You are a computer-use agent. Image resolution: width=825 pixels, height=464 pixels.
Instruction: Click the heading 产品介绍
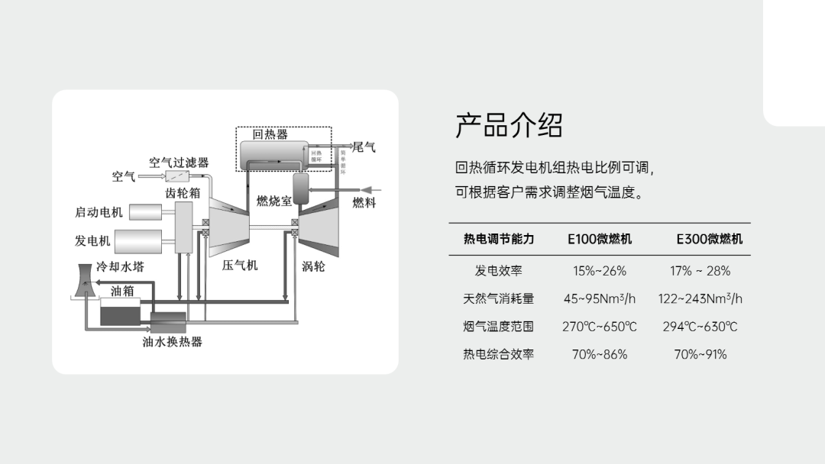click(x=509, y=126)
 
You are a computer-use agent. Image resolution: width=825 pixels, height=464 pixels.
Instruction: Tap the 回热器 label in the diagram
click(x=270, y=134)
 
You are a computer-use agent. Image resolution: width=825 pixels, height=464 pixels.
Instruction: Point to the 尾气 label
click(x=364, y=147)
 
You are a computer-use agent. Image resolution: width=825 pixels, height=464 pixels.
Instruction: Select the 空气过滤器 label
click(x=179, y=163)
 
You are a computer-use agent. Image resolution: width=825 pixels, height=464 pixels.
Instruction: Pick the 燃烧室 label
click(x=273, y=201)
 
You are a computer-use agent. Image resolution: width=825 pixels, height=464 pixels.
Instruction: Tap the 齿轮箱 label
click(x=183, y=193)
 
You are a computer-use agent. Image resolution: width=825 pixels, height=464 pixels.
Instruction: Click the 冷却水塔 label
click(x=120, y=267)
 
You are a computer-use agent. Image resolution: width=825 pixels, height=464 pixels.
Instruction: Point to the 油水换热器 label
click(x=173, y=342)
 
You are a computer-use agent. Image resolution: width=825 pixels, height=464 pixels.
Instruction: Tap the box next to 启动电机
click(x=146, y=211)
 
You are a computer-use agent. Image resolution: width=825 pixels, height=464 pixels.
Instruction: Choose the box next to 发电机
click(x=138, y=240)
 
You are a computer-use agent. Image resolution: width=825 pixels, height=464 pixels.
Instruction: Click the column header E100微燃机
click(x=600, y=239)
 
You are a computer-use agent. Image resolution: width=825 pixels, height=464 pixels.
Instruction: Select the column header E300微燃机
click(x=709, y=239)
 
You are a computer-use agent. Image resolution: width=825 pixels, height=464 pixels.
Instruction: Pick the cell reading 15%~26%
click(x=600, y=271)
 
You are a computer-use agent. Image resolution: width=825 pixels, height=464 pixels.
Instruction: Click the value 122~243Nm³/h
click(x=700, y=298)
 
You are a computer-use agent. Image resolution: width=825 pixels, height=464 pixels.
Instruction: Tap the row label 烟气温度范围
click(x=498, y=327)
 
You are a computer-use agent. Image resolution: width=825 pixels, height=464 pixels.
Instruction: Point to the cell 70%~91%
click(x=700, y=354)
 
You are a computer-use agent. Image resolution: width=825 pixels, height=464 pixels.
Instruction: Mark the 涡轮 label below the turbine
click(x=313, y=266)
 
